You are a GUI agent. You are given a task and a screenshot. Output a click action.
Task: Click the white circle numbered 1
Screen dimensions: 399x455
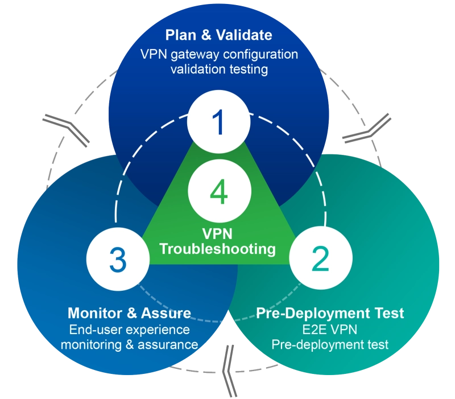coord(219,122)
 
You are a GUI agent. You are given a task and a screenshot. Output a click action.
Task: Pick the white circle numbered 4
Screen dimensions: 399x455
coord(219,191)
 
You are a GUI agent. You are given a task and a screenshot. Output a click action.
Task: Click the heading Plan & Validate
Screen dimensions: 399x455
coord(219,35)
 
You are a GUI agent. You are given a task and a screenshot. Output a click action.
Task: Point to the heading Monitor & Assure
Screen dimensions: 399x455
coord(129,313)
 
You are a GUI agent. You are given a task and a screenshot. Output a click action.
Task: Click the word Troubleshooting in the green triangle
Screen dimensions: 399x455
coord(218,249)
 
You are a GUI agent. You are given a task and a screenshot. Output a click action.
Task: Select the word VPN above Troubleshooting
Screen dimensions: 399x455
coord(218,234)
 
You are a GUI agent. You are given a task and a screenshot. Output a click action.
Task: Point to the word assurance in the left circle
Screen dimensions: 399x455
coord(169,345)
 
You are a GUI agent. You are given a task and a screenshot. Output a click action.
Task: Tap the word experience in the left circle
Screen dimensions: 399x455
coord(155,330)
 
